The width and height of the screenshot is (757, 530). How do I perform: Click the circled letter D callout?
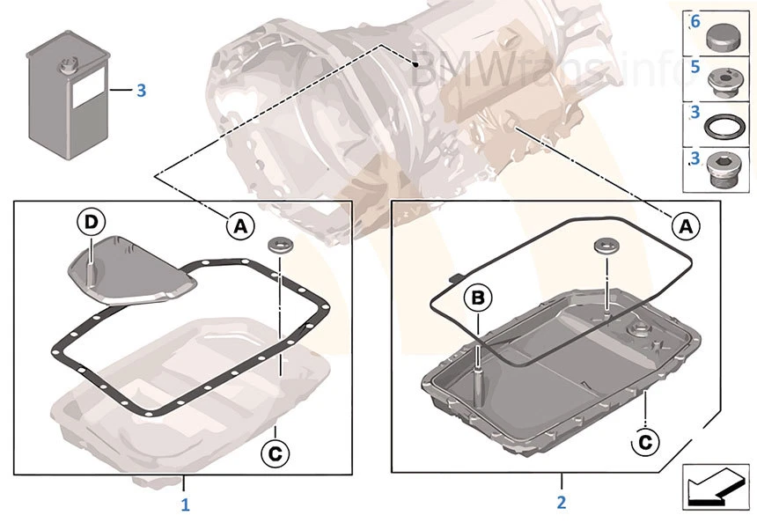90,222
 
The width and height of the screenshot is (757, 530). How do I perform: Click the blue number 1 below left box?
185,504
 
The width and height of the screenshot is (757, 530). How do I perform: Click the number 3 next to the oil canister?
141,90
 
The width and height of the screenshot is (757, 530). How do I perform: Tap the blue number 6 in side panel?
695,22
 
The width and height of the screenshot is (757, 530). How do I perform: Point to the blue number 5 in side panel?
695,66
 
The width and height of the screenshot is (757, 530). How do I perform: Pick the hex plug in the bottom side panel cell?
725,171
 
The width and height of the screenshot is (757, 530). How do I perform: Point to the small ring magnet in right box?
605,247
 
